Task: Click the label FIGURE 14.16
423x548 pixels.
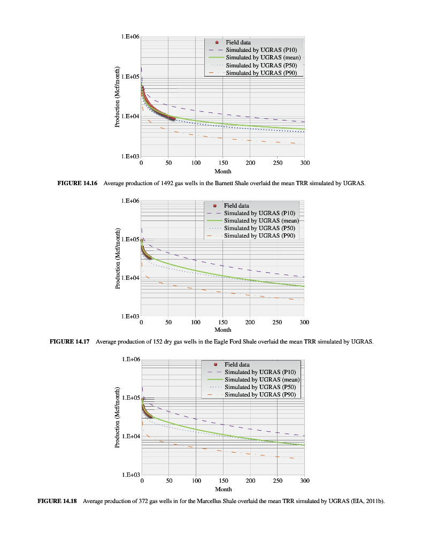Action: [77, 183]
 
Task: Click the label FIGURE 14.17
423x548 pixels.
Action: [69, 341]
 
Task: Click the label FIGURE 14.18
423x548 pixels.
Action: [57, 500]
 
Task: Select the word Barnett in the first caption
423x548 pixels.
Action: [222, 183]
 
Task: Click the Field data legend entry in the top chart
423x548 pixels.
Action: [238, 42]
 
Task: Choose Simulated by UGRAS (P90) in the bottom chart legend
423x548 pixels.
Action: [260, 394]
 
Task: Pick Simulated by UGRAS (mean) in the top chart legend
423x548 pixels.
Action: [263, 57]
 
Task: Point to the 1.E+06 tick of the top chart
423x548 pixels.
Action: [130, 37]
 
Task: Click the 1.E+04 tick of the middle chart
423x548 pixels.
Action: [130, 278]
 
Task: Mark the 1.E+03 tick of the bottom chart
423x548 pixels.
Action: [131, 475]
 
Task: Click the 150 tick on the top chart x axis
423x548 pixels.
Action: [223, 162]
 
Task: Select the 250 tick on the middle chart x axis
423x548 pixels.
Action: [277, 323]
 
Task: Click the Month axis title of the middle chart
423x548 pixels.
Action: [222, 330]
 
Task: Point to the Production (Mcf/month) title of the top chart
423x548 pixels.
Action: [118, 96]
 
